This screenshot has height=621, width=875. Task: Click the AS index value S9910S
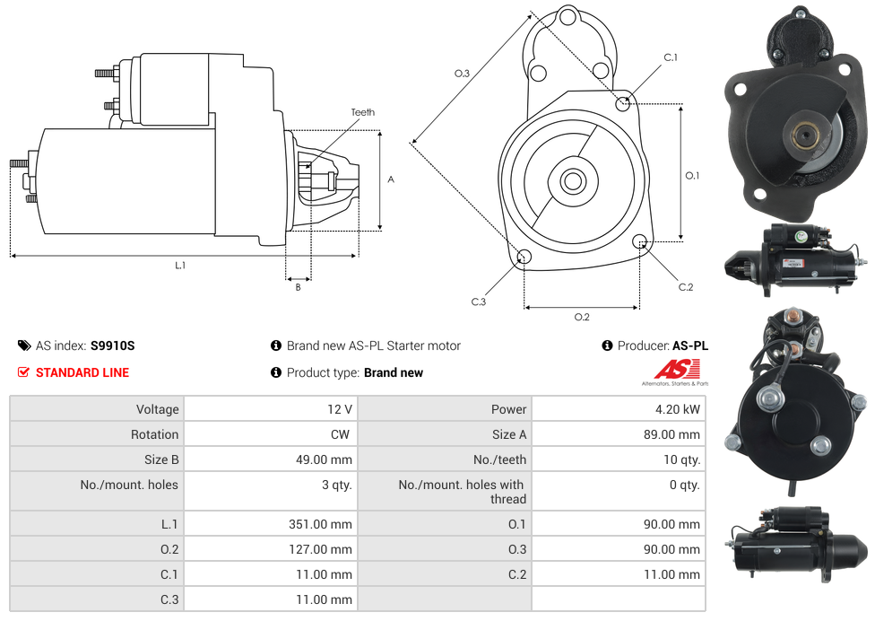(112, 345)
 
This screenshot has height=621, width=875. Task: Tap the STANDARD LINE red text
(82, 372)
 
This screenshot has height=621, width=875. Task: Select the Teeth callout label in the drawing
(363, 112)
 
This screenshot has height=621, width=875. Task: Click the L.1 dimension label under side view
(180, 265)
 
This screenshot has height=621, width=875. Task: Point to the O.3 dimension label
(462, 74)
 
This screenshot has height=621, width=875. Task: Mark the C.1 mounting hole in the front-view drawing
(623, 103)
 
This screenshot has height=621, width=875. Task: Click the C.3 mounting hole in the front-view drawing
(524, 258)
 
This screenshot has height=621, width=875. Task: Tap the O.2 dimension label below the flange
(582, 316)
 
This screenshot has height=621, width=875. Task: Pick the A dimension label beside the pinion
(391, 179)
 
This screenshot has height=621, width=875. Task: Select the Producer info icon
(607, 345)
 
